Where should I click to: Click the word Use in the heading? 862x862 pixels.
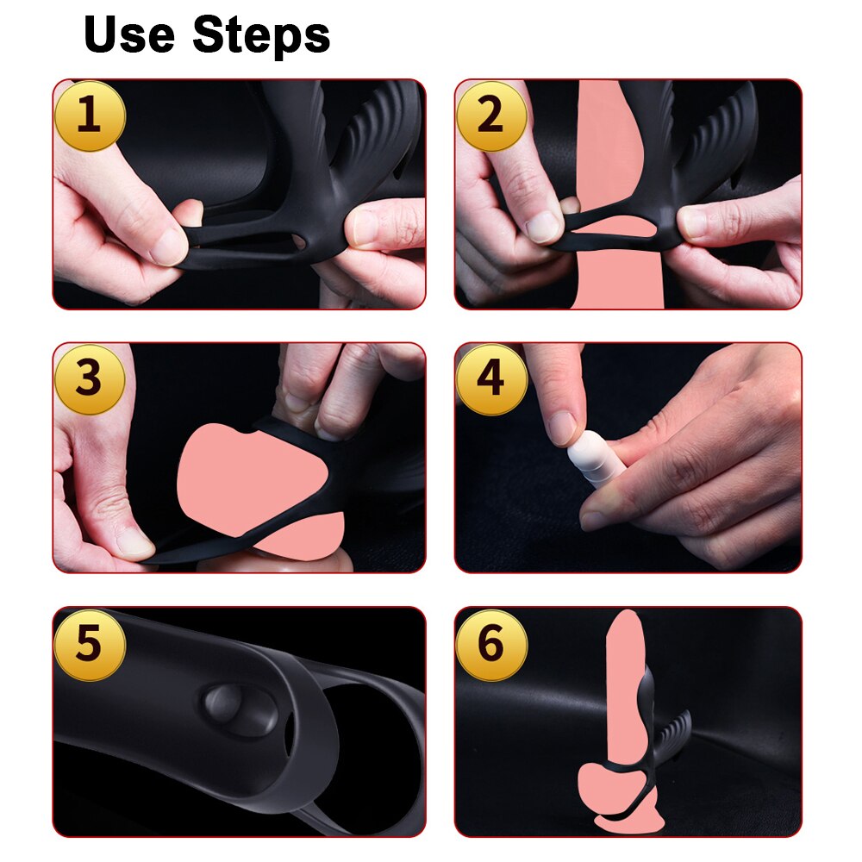click(x=130, y=34)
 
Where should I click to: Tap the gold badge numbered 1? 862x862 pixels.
click(x=91, y=116)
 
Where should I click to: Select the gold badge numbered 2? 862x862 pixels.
click(x=491, y=116)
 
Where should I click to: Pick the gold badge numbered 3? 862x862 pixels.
click(x=90, y=378)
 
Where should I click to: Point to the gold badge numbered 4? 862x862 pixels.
click(x=491, y=378)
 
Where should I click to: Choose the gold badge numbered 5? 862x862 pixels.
click(x=90, y=644)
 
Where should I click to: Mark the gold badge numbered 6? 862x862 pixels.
click(x=491, y=644)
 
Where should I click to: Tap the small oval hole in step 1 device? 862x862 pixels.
click(x=300, y=240)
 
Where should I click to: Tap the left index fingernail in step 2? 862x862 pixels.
click(x=542, y=227)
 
